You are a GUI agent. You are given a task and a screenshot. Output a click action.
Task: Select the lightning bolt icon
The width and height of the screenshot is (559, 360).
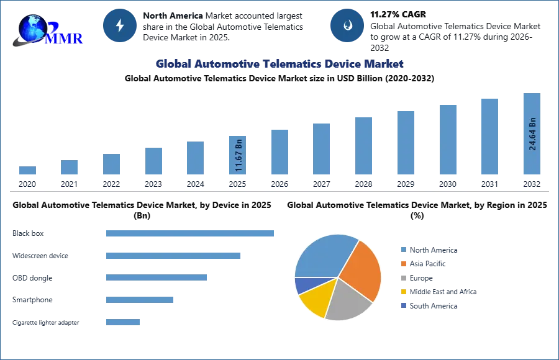coord(120,25)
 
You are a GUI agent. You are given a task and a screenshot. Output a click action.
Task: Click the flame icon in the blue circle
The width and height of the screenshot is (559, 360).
coord(347,25)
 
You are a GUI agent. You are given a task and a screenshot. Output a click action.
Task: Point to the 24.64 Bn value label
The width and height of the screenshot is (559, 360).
coord(532,133)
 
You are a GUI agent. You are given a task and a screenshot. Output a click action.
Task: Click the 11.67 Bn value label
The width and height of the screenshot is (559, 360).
coord(239,155)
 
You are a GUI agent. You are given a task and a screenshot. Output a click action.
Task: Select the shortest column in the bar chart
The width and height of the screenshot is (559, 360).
coord(27,171)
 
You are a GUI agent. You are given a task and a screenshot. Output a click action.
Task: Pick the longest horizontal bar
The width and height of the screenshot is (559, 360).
coord(191,233)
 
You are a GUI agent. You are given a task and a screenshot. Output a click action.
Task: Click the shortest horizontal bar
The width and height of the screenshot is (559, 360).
coord(124,323)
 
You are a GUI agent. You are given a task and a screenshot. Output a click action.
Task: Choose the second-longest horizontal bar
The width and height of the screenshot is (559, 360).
coord(173,256)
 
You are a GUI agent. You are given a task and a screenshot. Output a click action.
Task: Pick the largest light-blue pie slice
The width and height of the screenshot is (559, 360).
coord(322,255)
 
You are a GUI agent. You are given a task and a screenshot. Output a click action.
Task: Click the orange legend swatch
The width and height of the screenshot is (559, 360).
coord(402,264)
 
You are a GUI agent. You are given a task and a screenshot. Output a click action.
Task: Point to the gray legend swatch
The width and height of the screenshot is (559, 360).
coord(402,278)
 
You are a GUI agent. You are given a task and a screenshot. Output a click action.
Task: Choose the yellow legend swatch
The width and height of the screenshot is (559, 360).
coord(402,292)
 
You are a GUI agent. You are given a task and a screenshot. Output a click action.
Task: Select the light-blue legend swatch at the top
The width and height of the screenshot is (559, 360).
coord(402,250)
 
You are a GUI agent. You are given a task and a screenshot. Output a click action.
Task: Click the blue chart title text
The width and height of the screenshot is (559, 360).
coord(279,64)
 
